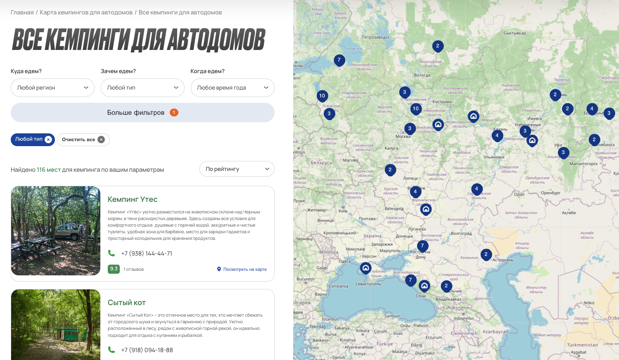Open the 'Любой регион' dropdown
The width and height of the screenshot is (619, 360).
point(52,88)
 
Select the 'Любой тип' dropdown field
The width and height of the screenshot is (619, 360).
point(142,88)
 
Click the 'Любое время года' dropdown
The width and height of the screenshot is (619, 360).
point(232,88)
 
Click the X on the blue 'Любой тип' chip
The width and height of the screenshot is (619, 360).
point(48,140)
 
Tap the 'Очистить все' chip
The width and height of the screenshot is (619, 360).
point(83,140)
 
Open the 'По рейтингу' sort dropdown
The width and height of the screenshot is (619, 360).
point(237,169)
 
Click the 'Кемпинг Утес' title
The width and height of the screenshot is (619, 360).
point(133,199)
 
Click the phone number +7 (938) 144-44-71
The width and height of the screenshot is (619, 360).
point(147,253)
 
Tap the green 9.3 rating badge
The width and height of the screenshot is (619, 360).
point(114,269)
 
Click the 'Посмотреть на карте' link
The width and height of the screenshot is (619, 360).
point(244,269)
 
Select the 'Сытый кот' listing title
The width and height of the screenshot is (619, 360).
point(127,303)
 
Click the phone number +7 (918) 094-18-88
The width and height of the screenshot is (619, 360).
point(147,350)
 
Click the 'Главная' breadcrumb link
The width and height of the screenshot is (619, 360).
point(22,12)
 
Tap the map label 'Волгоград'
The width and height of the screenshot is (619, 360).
point(461,233)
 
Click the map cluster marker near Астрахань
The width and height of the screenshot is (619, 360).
point(486,254)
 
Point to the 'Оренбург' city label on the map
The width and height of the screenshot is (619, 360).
point(550,193)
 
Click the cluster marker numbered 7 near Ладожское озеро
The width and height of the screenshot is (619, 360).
point(339,60)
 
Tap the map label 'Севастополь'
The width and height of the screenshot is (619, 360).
point(368,284)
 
